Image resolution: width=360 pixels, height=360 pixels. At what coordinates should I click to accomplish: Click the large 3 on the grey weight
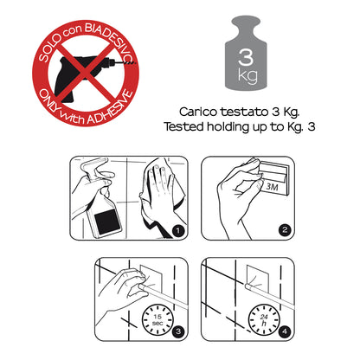tap(246, 57)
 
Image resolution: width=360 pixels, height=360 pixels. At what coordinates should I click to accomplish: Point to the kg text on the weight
tap(247, 75)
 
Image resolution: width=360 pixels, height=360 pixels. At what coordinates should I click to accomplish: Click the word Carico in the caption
tap(198, 112)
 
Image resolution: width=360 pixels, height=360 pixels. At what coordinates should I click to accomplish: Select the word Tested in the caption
tap(183, 126)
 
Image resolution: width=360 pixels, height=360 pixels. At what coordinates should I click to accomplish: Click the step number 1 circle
tap(178, 230)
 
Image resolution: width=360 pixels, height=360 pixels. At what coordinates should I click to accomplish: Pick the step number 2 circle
tap(285, 230)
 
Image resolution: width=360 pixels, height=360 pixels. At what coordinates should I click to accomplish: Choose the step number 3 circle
tap(178, 331)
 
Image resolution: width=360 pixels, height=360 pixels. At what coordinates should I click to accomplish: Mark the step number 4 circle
tap(285, 331)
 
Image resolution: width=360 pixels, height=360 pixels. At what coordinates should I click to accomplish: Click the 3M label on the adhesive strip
tap(272, 187)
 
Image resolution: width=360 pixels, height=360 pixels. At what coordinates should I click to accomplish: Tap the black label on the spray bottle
tap(106, 220)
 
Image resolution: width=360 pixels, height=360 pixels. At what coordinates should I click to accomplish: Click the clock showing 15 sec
tap(157, 319)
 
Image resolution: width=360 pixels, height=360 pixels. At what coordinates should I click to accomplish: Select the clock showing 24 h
tap(264, 319)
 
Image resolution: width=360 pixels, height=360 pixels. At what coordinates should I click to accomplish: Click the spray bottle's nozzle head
tap(93, 167)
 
